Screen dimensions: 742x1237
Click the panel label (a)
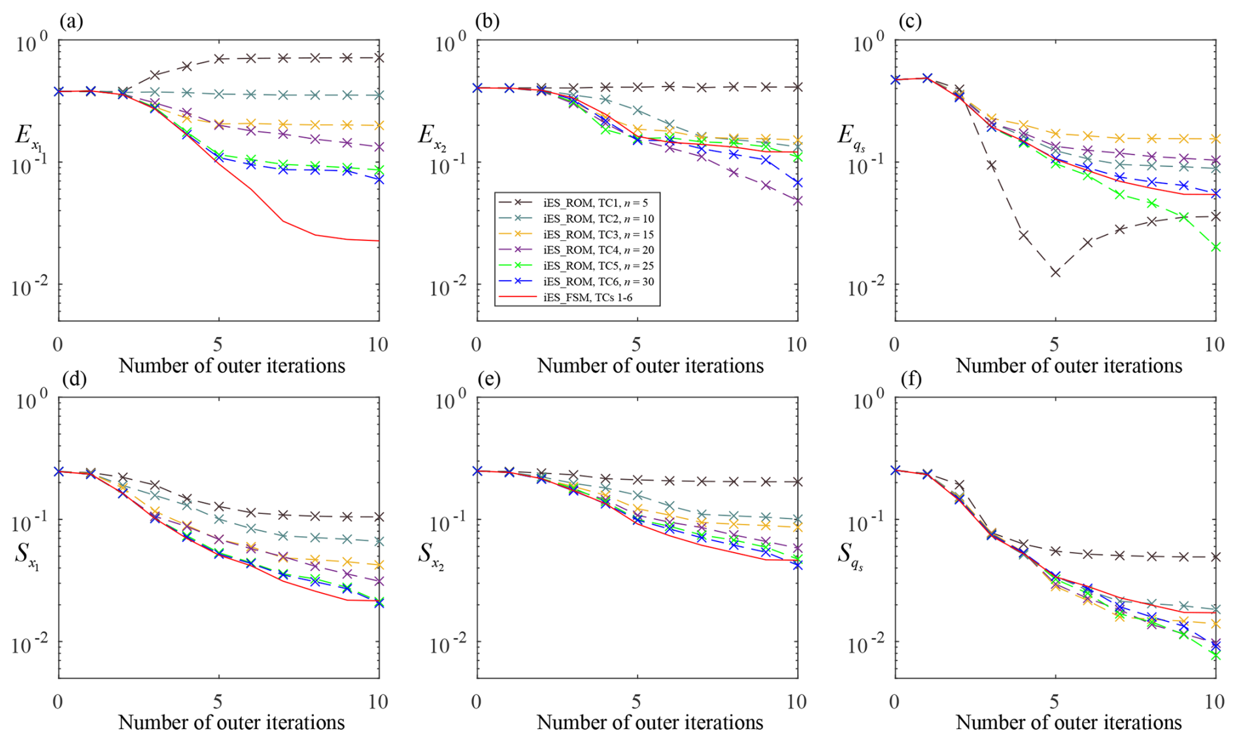[x=71, y=22]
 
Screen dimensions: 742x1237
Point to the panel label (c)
[x=909, y=22]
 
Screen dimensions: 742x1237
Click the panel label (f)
[x=909, y=379]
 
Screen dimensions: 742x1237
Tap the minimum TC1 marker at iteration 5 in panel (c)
[x=1055, y=272]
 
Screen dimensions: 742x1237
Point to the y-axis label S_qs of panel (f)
[x=850, y=556]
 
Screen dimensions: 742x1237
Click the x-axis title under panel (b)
[x=650, y=366]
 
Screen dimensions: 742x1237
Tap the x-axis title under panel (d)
[x=231, y=722]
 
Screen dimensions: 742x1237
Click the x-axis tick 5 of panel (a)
[x=218, y=344]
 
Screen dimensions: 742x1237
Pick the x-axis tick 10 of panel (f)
[x=1214, y=702]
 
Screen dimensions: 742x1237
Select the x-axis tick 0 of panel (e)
[x=477, y=702]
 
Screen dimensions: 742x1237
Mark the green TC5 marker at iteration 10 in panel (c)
[x=1215, y=247]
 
